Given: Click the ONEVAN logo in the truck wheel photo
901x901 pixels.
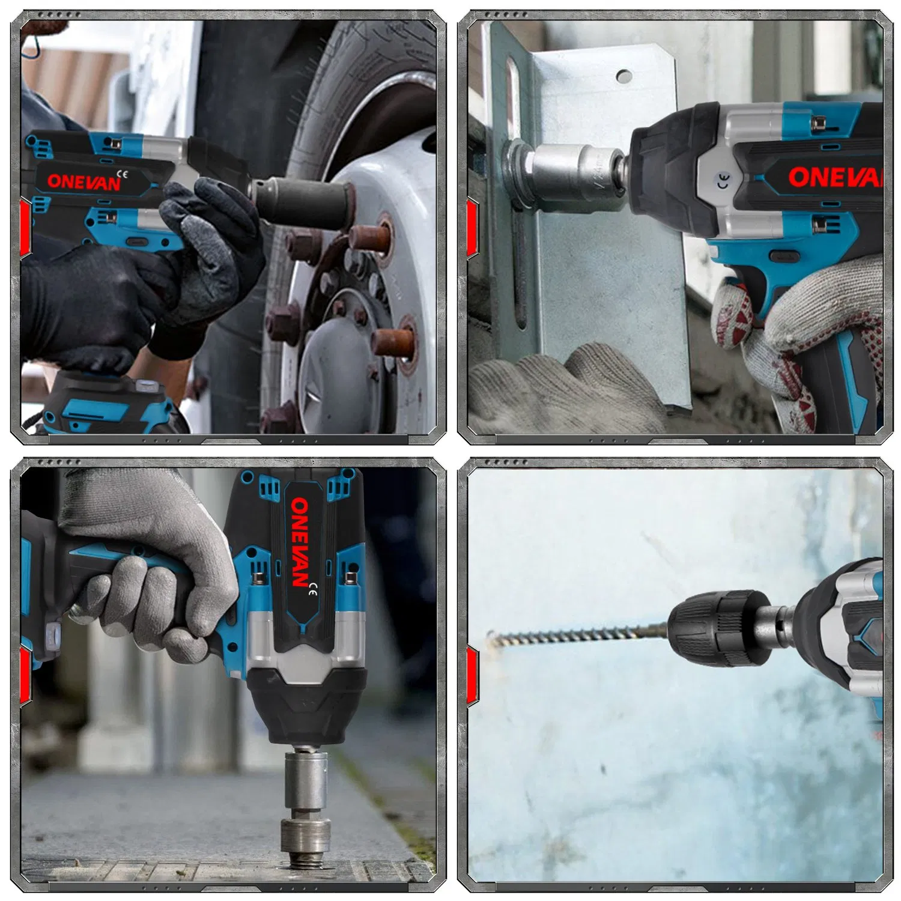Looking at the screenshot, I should tap(84, 181).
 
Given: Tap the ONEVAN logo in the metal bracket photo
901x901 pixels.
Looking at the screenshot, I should tap(835, 177).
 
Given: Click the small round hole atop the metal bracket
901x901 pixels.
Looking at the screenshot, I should tap(623, 76).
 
